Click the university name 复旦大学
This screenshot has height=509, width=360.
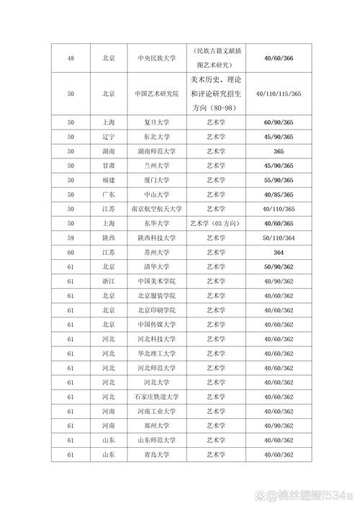(153, 123)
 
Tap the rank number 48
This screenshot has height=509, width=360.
(71, 58)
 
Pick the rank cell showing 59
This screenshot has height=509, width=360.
(71, 238)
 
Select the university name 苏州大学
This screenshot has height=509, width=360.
(153, 252)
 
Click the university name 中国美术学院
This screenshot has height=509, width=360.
(153, 281)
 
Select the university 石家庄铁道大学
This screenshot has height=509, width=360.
(153, 397)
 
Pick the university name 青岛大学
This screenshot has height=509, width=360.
(153, 454)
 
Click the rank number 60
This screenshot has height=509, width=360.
(71, 252)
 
